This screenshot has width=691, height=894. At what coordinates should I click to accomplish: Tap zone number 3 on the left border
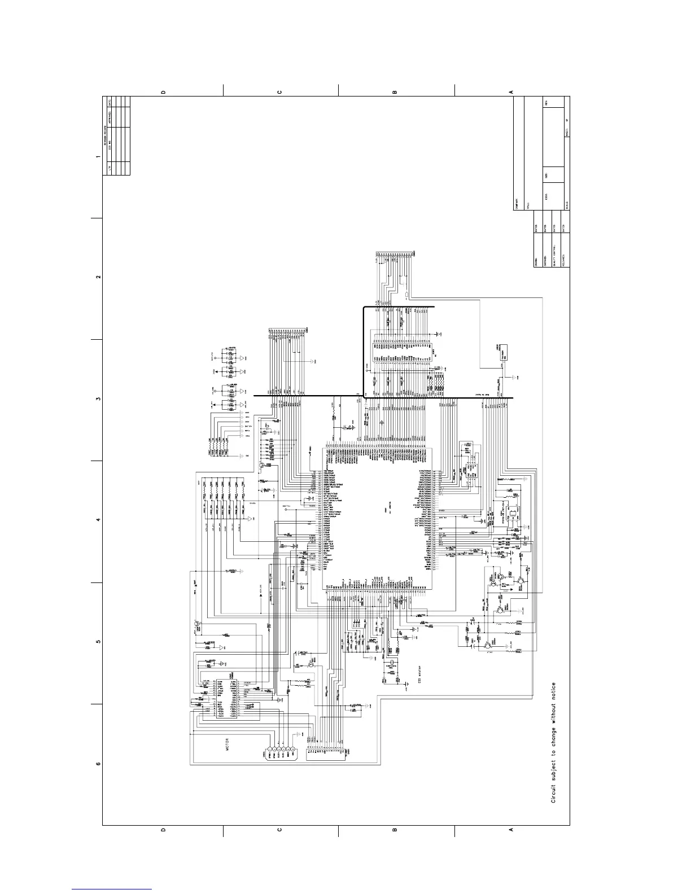[x=98, y=399]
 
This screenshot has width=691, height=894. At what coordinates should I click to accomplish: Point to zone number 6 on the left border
[x=98, y=764]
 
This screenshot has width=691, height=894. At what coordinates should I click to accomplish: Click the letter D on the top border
[x=163, y=91]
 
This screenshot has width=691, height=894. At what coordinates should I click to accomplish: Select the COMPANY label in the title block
[x=517, y=204]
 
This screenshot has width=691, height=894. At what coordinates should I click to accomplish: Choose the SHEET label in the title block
[x=566, y=131]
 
